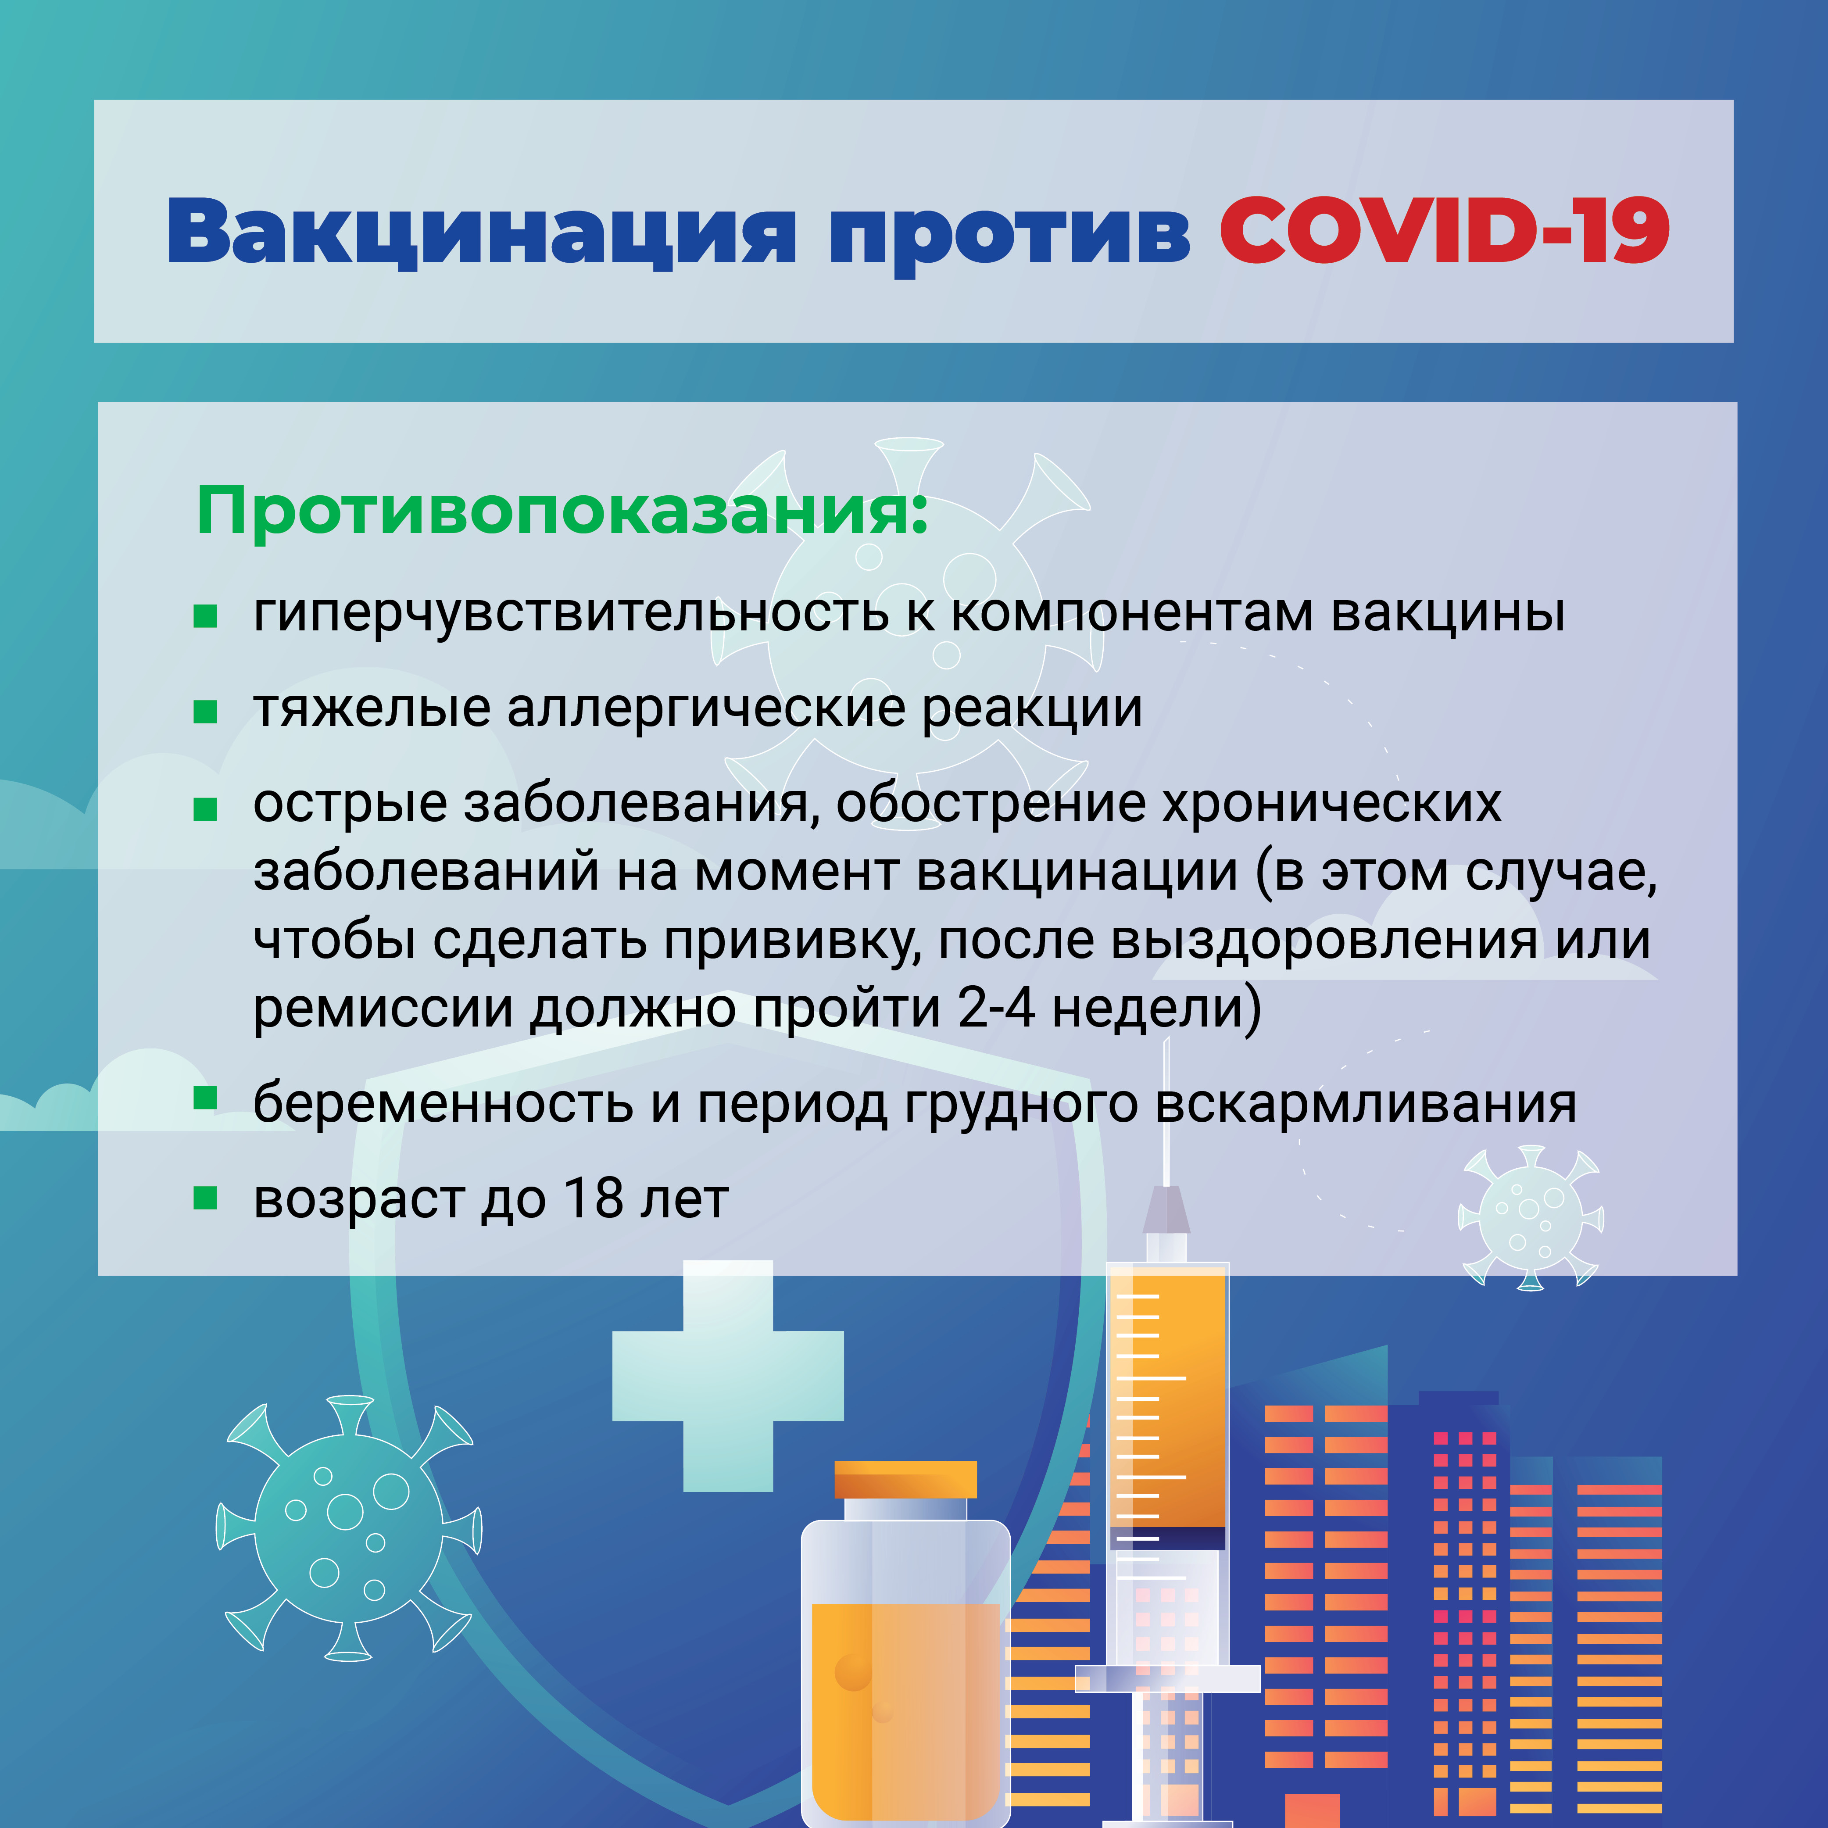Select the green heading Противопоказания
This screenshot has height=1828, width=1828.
point(562,511)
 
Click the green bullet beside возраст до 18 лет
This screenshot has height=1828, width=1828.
point(205,1198)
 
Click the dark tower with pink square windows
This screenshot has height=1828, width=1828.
point(1463,1609)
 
